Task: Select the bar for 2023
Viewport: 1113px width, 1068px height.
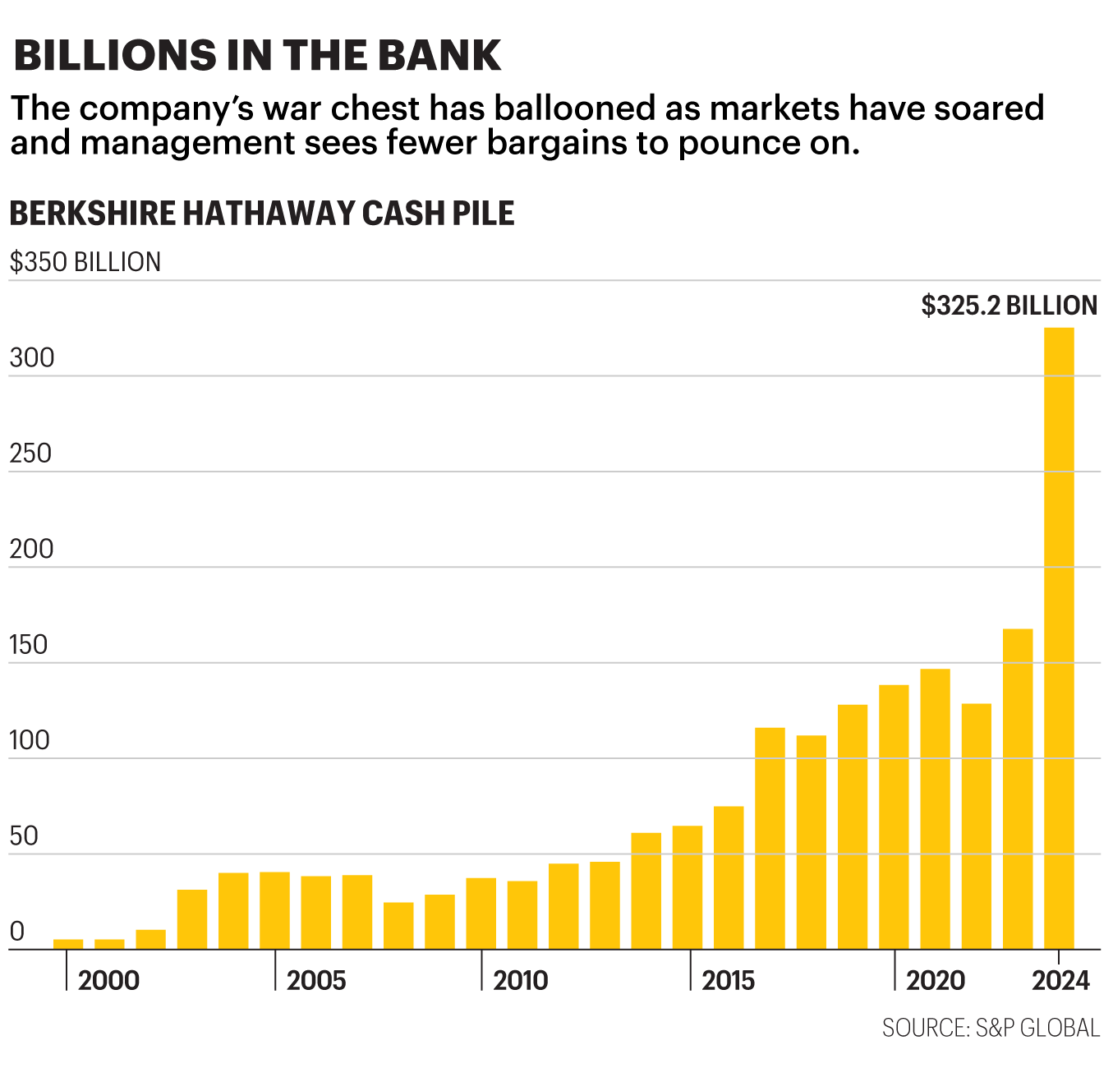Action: point(1018,789)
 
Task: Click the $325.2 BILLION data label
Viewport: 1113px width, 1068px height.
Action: point(1009,306)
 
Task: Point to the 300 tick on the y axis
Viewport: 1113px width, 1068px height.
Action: point(31,358)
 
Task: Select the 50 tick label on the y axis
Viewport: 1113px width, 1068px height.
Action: point(25,836)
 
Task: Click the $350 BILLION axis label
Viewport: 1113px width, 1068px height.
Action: point(85,262)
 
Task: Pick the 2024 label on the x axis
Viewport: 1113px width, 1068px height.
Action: point(1060,980)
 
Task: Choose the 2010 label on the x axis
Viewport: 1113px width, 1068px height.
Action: point(520,980)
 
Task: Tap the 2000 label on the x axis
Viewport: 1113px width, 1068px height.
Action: point(108,980)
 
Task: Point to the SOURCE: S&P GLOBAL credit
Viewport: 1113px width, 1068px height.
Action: point(991,1028)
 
